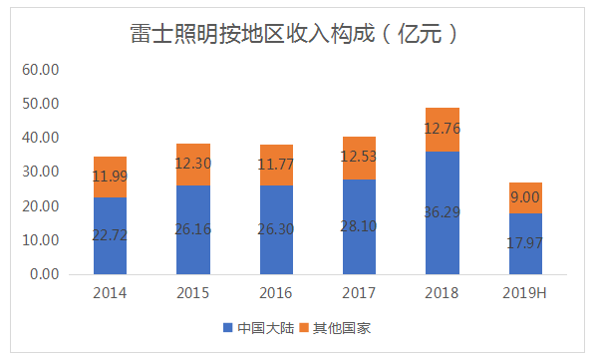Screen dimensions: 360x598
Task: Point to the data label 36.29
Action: point(444,213)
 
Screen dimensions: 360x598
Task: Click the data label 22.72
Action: point(111,238)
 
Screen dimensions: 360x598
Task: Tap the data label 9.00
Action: point(526,197)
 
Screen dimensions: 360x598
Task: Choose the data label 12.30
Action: point(193,164)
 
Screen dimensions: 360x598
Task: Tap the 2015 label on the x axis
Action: point(193,294)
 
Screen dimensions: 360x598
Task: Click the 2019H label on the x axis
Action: point(526,294)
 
